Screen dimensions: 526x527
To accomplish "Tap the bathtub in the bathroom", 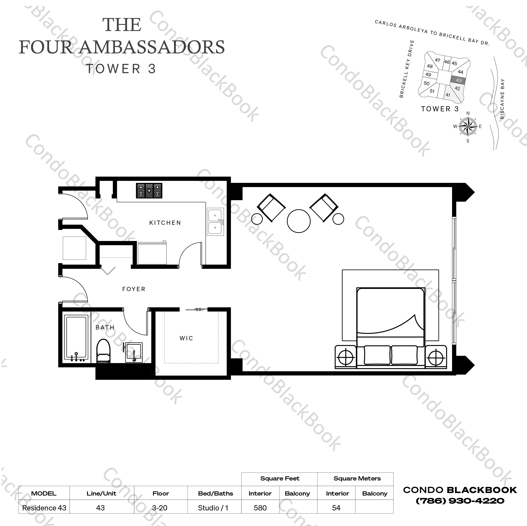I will tap(76, 338).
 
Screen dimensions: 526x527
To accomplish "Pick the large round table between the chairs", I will tap(299, 221).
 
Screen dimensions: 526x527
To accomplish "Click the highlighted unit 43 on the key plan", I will tap(459, 80).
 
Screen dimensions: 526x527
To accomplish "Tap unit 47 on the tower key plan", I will tap(437, 60).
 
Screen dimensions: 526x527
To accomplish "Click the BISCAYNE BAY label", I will tap(502, 99).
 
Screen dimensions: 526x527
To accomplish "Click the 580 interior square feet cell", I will tap(260, 508).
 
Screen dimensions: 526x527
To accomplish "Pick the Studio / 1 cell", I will tap(213, 508).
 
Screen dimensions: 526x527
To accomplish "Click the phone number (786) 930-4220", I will tap(460, 501).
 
